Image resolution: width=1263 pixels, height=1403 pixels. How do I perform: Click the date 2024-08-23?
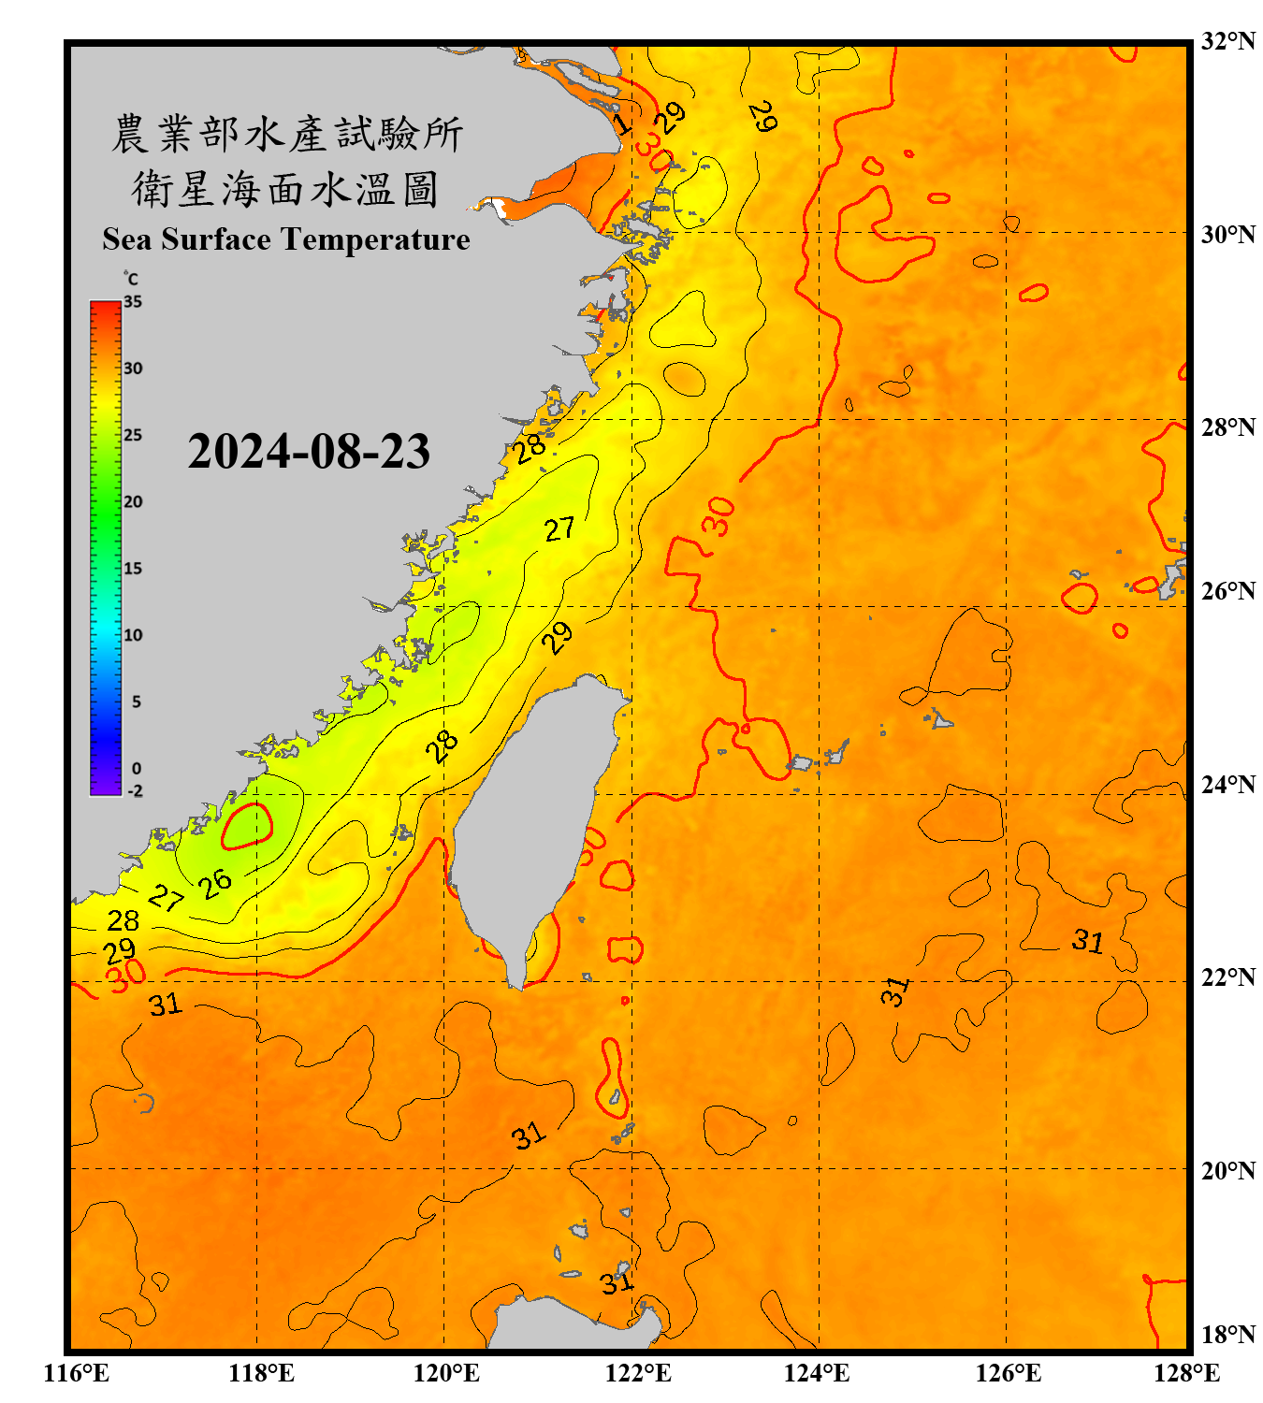[309, 452]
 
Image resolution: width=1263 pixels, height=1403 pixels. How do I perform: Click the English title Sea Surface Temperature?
[286, 239]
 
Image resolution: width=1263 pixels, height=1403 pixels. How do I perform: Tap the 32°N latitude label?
[1227, 41]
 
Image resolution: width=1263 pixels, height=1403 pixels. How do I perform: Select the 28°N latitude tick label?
[1227, 427]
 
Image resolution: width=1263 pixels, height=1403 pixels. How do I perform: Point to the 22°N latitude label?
[1227, 977]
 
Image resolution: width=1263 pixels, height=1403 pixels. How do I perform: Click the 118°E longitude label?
[262, 1373]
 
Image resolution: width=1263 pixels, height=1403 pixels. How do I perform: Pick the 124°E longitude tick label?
[817, 1373]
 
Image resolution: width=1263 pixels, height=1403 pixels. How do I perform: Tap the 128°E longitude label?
[1186, 1373]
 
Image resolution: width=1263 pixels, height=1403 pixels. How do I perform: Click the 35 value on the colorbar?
[133, 302]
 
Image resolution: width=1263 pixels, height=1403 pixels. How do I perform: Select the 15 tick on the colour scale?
[133, 569]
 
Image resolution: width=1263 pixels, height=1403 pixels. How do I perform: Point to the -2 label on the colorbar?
[135, 791]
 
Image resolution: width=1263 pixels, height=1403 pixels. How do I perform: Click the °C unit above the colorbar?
[131, 279]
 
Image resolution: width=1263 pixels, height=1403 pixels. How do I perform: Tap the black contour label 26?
[215, 883]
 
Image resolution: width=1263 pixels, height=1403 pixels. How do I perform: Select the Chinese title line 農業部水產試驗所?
[286, 134]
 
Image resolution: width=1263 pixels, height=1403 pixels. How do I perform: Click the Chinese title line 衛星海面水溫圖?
[286, 189]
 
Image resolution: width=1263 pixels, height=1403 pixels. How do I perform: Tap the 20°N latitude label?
[1227, 1170]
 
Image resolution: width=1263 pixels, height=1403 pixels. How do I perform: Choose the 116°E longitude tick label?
[77, 1373]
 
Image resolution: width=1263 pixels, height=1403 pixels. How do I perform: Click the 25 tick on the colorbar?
[133, 435]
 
